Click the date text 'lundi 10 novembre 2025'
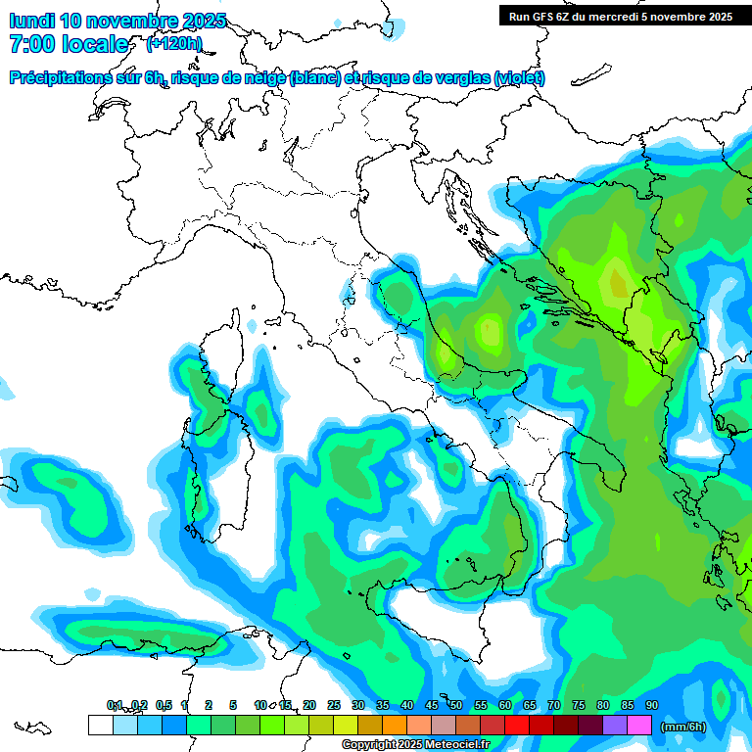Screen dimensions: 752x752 pos(117,21)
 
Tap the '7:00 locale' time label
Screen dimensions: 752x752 pos(69,44)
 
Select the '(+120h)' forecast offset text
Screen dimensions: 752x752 pos(174,43)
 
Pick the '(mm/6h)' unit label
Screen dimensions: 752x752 pos(683,726)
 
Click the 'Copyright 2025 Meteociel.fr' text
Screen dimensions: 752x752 pos(415,744)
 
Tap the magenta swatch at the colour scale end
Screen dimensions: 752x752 pos(639,725)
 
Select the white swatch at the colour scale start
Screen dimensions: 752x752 pos(100,725)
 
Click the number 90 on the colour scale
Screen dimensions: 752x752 pos(652,705)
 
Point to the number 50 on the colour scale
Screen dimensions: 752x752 pos(456,705)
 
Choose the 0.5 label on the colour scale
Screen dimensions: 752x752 pos(163,705)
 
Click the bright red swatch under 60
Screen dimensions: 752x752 pos(517,725)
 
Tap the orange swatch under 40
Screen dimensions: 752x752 pos(395,725)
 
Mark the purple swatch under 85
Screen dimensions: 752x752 pos(615,725)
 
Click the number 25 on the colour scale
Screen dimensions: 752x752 pos(334,705)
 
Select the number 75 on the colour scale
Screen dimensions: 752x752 pos(579,705)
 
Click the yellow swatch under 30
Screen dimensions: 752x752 pos(346,725)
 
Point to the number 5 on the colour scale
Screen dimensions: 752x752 pos(233,705)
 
